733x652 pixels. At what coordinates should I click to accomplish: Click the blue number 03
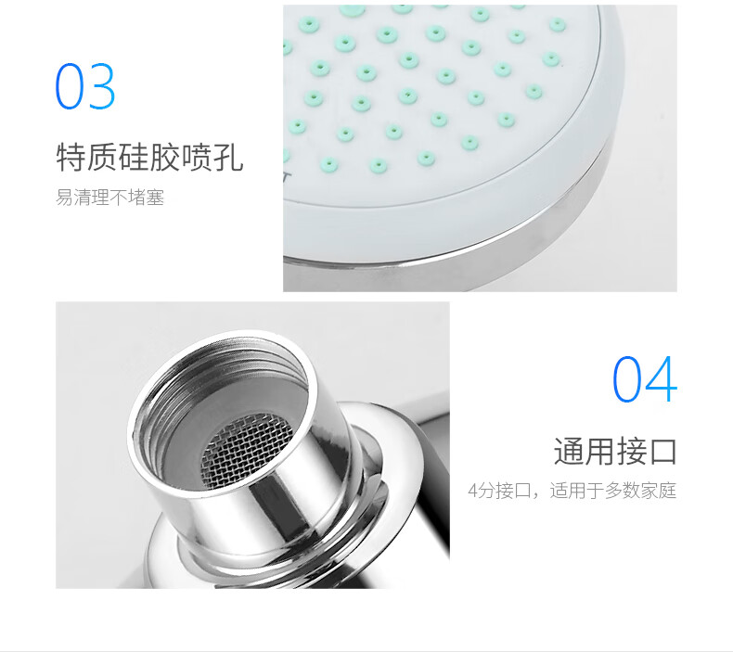[85, 86]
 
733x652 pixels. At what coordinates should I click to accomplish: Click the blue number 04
[645, 379]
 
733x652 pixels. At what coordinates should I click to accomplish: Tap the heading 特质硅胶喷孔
[149, 158]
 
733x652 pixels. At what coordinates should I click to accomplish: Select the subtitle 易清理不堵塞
[109, 198]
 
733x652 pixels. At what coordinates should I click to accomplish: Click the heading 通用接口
[615, 452]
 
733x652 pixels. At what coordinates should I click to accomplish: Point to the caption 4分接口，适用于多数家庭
[572, 491]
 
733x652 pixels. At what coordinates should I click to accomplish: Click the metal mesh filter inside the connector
[247, 451]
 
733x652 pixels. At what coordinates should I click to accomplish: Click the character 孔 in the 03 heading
[228, 158]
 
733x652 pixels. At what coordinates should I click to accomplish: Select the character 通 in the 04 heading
[569, 452]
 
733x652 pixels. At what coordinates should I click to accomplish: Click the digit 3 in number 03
[101, 86]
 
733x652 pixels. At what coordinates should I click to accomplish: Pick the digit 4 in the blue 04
[662, 379]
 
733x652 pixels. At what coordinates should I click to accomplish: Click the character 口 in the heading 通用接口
[662, 452]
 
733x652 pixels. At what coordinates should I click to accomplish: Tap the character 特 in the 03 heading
[71, 158]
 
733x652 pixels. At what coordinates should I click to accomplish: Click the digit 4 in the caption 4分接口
[473, 492]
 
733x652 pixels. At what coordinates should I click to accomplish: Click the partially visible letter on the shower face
[287, 177]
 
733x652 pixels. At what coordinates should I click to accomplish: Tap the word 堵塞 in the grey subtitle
[147, 198]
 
